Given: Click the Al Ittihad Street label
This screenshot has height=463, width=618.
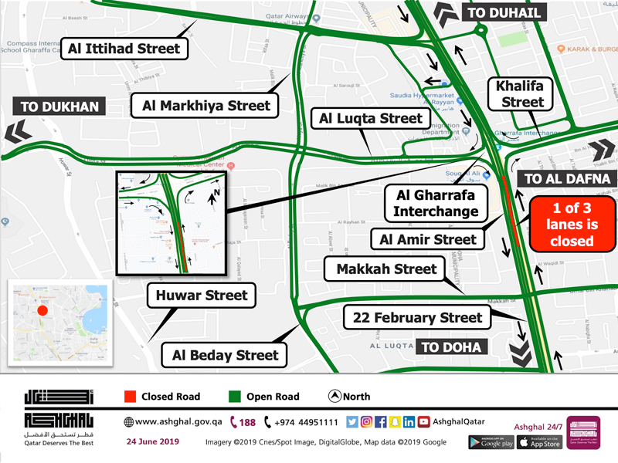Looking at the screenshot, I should pos(124,49).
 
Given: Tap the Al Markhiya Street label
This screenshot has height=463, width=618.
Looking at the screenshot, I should pos(205,106).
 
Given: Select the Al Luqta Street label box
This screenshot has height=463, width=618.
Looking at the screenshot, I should pos(371,119).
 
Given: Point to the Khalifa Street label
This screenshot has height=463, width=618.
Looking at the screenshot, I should pos(522,93).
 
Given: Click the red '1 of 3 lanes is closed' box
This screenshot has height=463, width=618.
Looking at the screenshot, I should pos(572,225).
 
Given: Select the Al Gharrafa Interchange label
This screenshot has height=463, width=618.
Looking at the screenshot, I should pos(436,202).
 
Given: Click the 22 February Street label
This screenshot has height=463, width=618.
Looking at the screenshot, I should pos(417,317).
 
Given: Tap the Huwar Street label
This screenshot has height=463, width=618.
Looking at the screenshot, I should pos(202,295).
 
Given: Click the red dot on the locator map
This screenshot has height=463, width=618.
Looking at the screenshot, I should pos(42,310).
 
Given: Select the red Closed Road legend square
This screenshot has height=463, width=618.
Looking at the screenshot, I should pos(130,397).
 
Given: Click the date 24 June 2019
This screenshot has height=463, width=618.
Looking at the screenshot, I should pos(151,441).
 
